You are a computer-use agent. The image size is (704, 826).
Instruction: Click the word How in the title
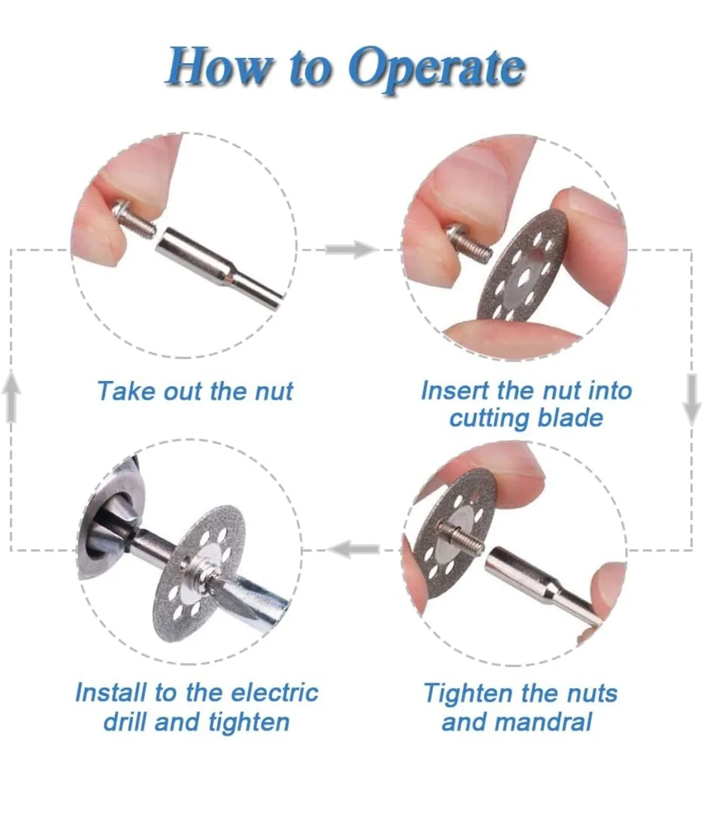pyautogui.click(x=219, y=67)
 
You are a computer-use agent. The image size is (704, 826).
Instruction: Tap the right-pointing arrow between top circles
pyautogui.click(x=350, y=249)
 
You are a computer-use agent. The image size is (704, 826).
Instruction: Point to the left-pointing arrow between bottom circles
pyautogui.click(x=353, y=549)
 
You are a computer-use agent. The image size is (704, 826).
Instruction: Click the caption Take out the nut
pyautogui.click(x=195, y=391)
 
